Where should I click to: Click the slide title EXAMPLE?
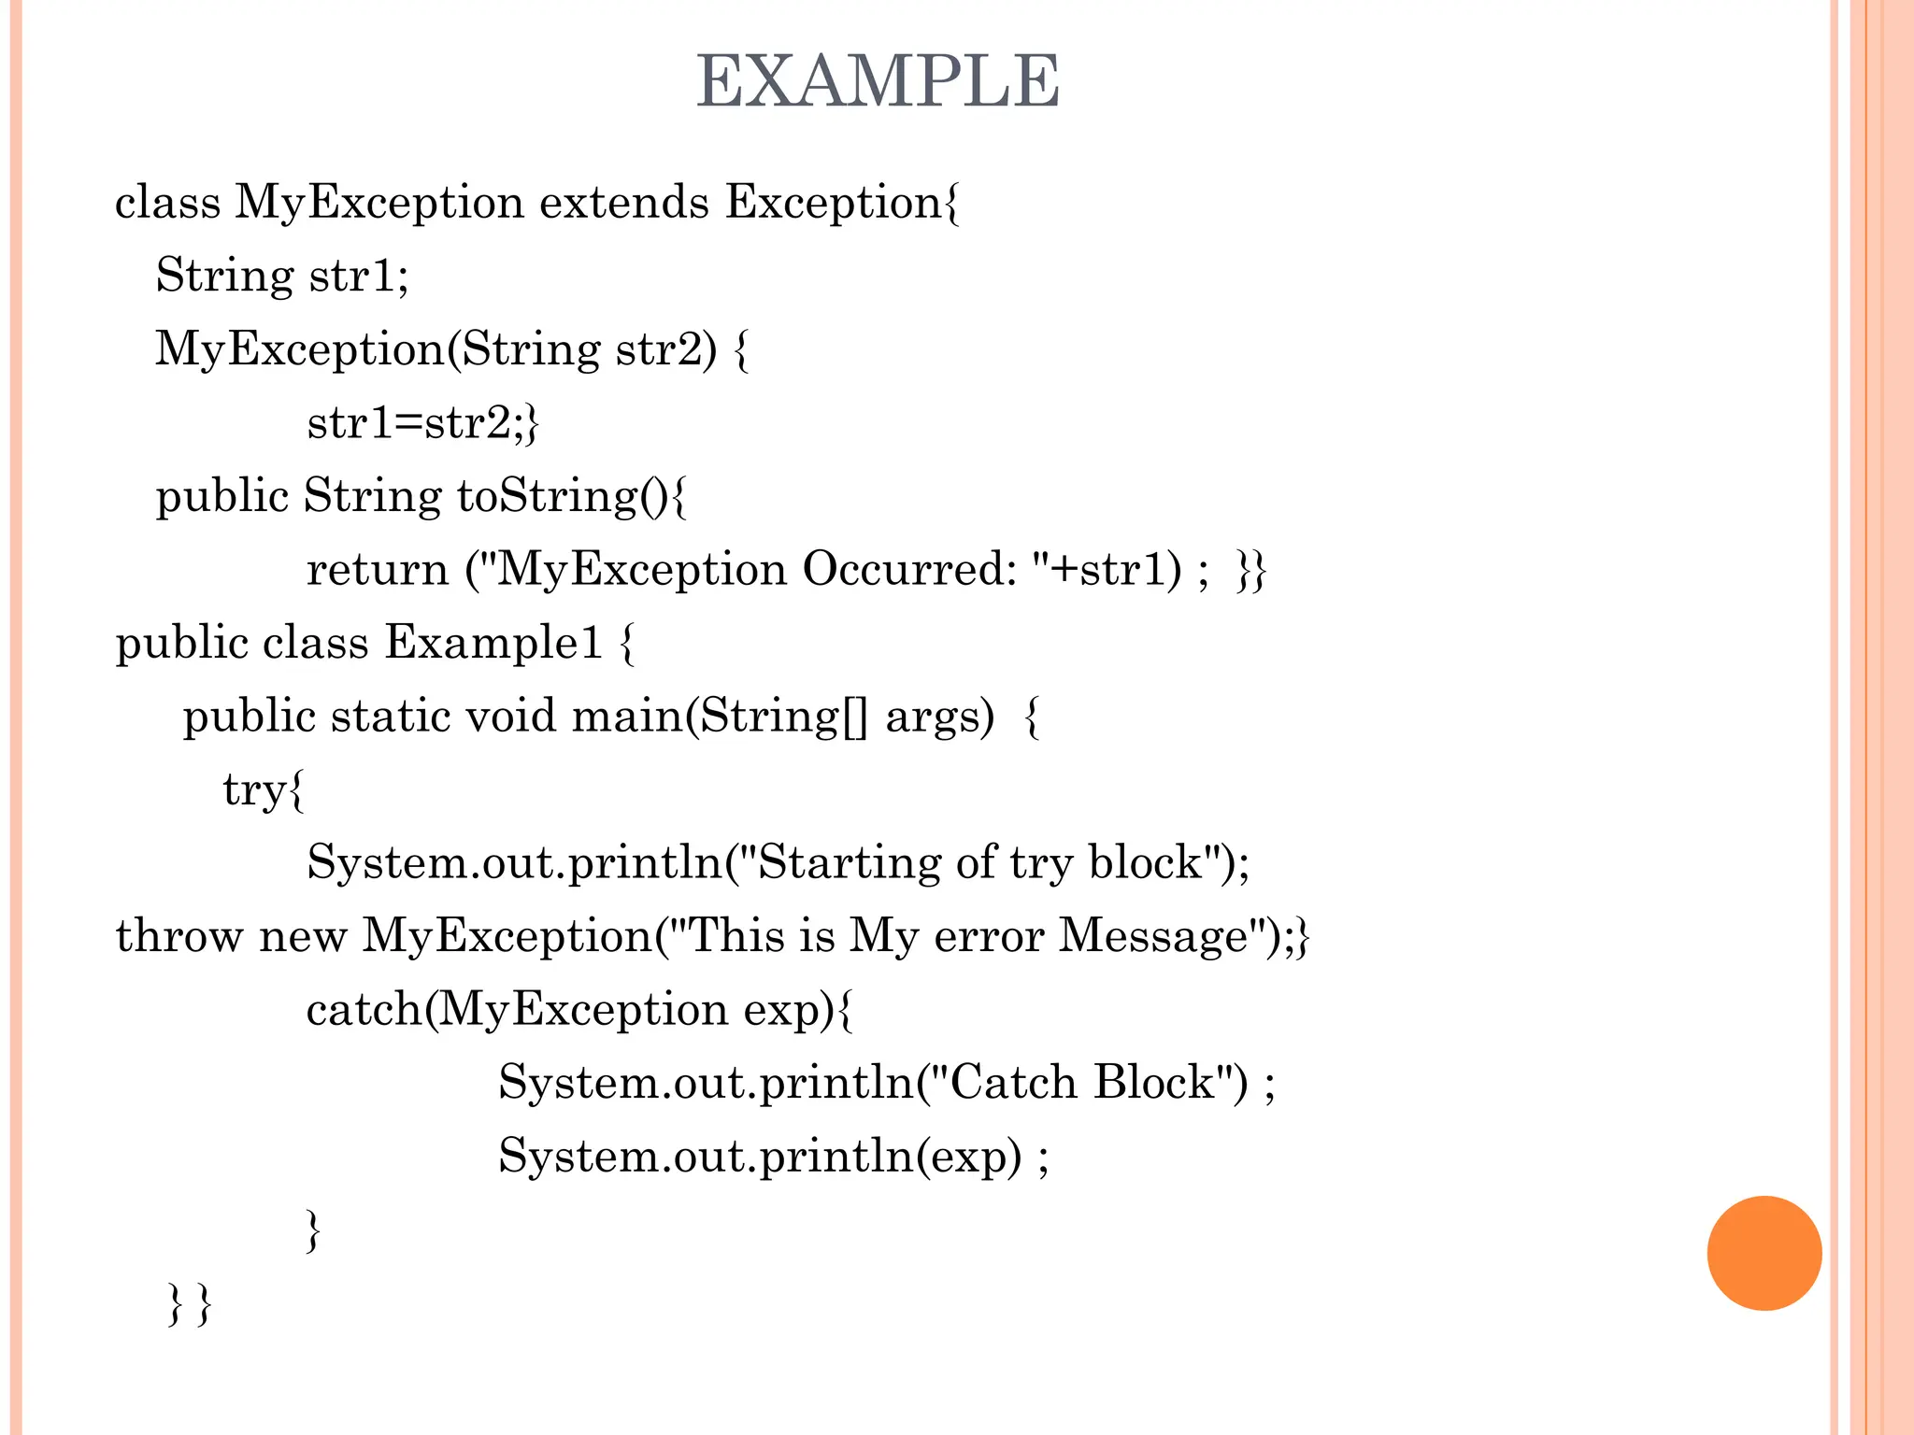pyautogui.click(x=878, y=81)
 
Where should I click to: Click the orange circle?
pyautogui.click(x=1764, y=1253)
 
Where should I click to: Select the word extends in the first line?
pyautogui.click(x=624, y=202)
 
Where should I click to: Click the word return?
pyautogui.click(x=378, y=569)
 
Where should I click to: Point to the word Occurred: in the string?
pyautogui.click(x=909, y=569)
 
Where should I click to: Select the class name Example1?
pyautogui.click(x=493, y=643)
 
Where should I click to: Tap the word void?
pyautogui.click(x=511, y=717)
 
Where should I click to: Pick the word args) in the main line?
pyautogui.click(x=939, y=717)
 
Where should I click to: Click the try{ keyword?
pyautogui.click(x=264, y=790)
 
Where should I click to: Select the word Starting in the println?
pyautogui.click(x=850, y=862)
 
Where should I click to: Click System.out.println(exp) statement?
pyautogui.click(x=772, y=1157)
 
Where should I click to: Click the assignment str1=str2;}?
pyautogui.click(x=422, y=422)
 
